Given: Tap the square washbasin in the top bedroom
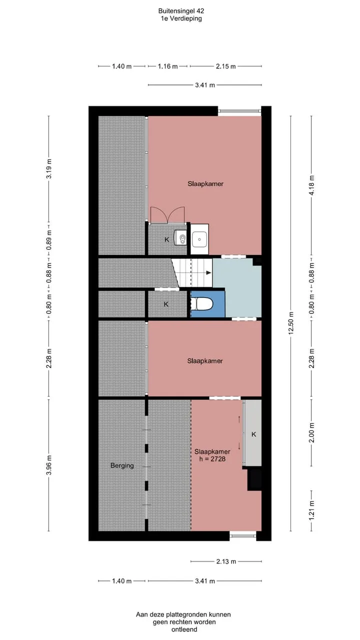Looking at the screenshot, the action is pyautogui.click(x=199, y=239).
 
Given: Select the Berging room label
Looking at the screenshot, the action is pyautogui.click(x=122, y=465).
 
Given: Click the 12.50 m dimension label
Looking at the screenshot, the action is pyautogui.click(x=291, y=323).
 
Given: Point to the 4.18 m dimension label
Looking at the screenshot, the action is pyautogui.click(x=311, y=185).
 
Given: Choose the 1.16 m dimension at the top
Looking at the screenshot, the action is pyautogui.click(x=167, y=66).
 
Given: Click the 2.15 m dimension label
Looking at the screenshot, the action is pyautogui.click(x=225, y=66).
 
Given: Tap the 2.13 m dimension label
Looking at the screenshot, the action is pyautogui.click(x=226, y=561).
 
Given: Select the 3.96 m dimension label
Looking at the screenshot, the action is pyautogui.click(x=49, y=465).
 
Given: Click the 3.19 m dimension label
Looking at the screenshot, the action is pyautogui.click(x=49, y=168).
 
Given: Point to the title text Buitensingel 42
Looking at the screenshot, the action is pyautogui.click(x=181, y=11).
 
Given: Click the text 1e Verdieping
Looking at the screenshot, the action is pyautogui.click(x=181, y=18).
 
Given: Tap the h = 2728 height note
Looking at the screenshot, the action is pyautogui.click(x=212, y=459).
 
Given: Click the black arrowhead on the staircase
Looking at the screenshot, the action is pyautogui.click(x=209, y=273).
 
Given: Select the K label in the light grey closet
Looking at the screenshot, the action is pyautogui.click(x=253, y=434).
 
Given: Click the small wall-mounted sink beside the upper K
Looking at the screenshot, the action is pyautogui.click(x=181, y=237).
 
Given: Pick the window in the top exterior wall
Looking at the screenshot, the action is pyautogui.click(x=239, y=111).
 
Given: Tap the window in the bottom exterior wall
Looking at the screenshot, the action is pyautogui.click(x=243, y=536).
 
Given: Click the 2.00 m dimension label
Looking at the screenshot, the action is pyautogui.click(x=311, y=432).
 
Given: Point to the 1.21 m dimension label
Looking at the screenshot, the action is pyautogui.click(x=311, y=510).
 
